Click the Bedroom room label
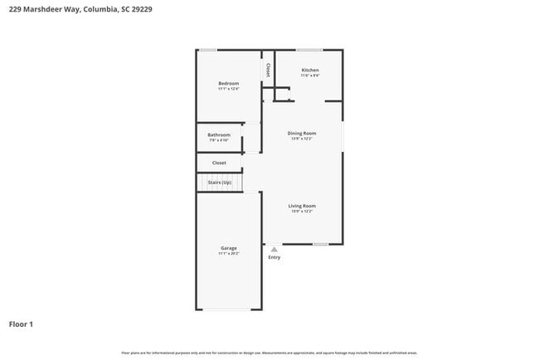(x=228, y=83)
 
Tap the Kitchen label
(x=310, y=70)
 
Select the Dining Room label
(x=302, y=133)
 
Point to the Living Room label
(x=302, y=206)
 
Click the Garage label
(x=229, y=248)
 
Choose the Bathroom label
(x=219, y=134)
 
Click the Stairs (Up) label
(x=220, y=182)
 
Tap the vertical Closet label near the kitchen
(x=268, y=71)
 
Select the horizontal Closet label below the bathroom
(x=219, y=163)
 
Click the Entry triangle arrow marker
(x=274, y=248)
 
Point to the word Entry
(x=274, y=257)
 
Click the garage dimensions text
(x=229, y=254)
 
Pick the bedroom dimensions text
(x=228, y=89)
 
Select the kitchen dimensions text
(x=310, y=75)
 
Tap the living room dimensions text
(x=302, y=212)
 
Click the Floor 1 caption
(x=21, y=324)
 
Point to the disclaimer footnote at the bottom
(x=269, y=353)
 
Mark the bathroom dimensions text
(x=219, y=140)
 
